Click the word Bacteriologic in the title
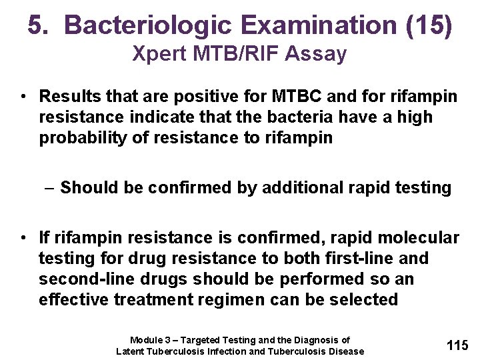[x=145, y=25]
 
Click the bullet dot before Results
[x=23, y=97]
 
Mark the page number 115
[x=457, y=345]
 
